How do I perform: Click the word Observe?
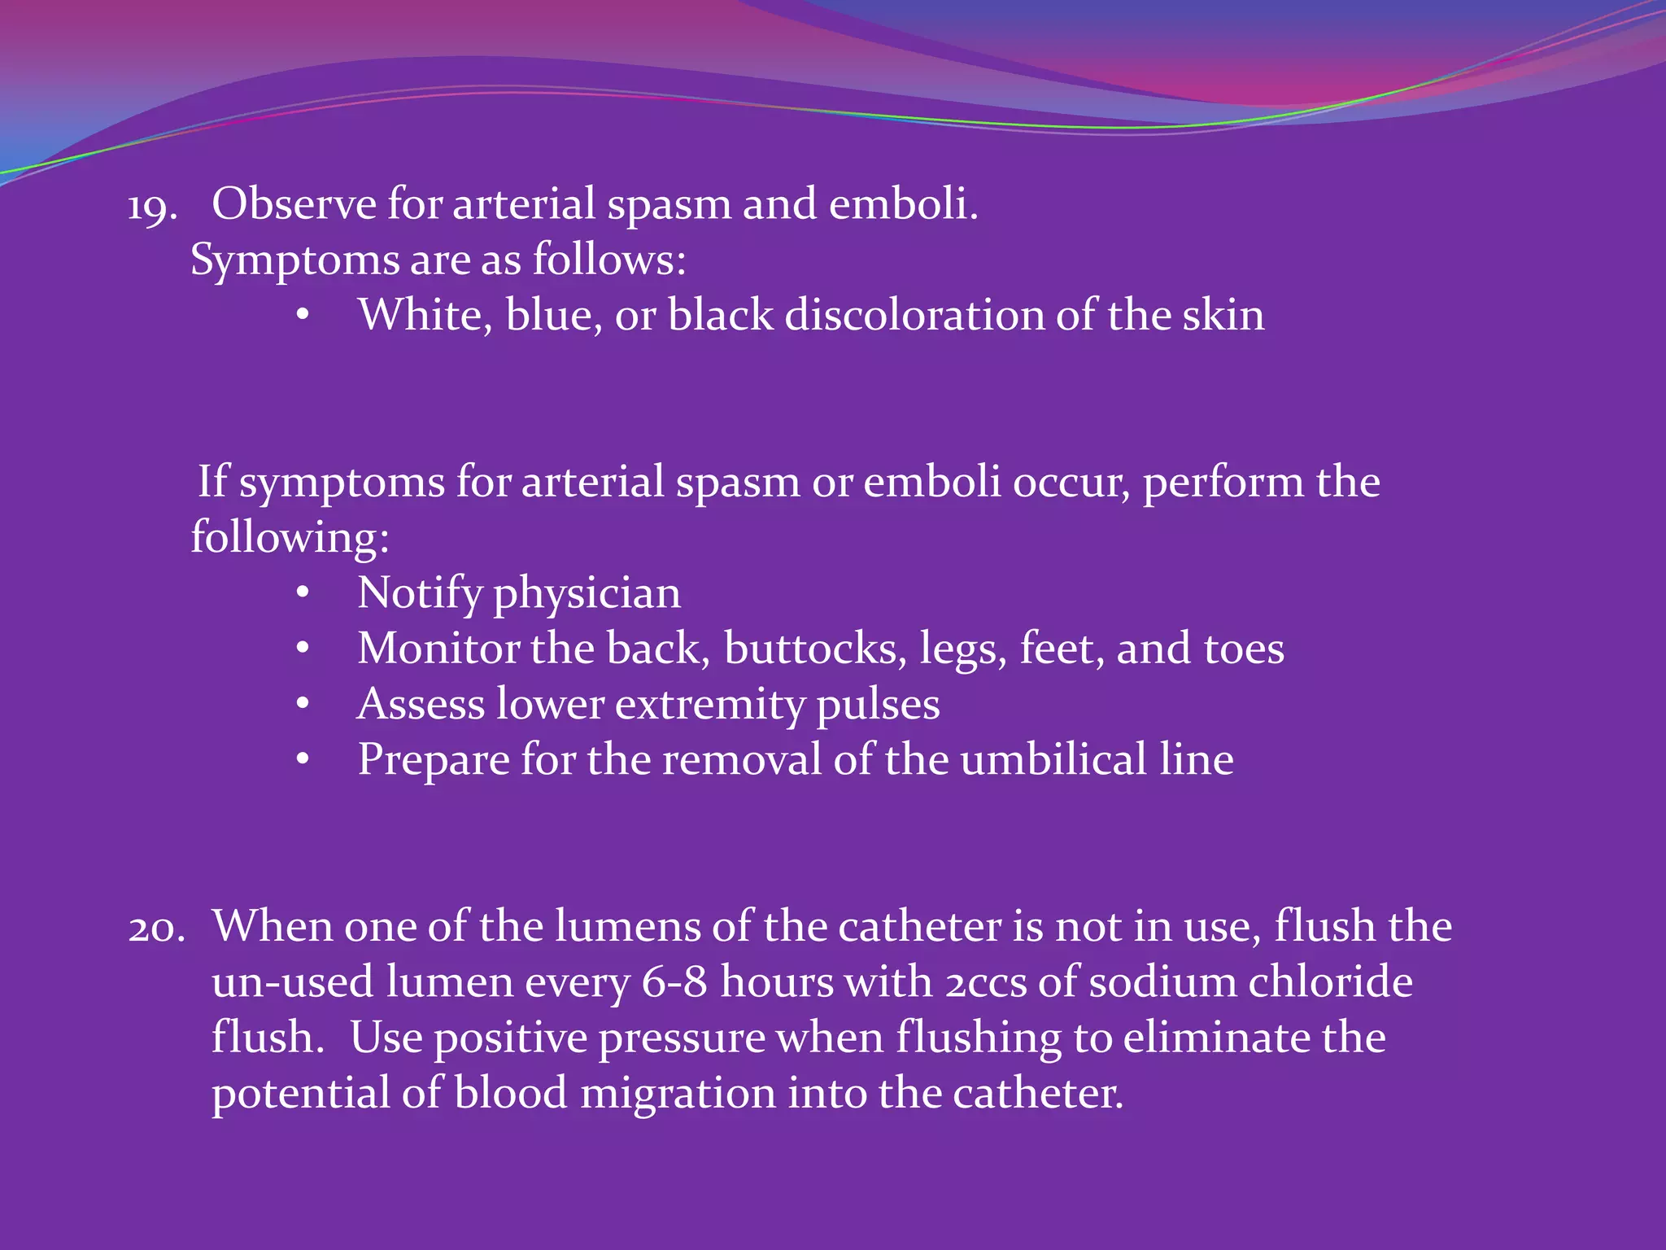(294, 203)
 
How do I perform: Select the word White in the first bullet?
(425, 315)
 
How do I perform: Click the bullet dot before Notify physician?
(303, 593)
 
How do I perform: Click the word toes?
(1244, 649)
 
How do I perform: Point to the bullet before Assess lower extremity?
(303, 704)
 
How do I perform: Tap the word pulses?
(878, 706)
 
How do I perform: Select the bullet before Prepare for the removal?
(303, 759)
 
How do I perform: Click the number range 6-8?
(674, 982)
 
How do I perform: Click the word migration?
(678, 1094)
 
